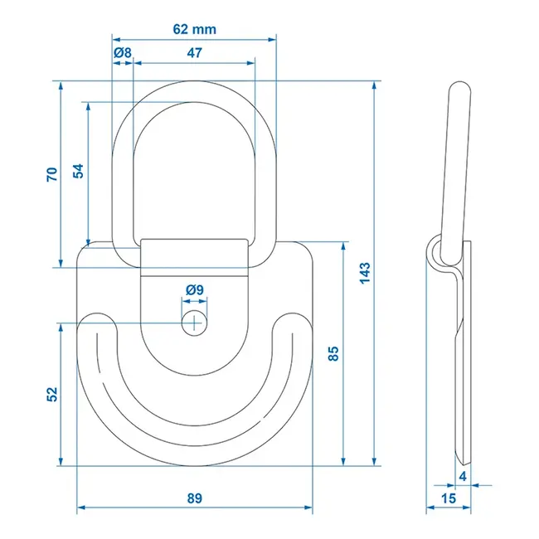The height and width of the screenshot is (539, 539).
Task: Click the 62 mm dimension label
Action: pyautogui.click(x=194, y=29)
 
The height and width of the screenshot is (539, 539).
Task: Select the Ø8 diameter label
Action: pyautogui.click(x=122, y=53)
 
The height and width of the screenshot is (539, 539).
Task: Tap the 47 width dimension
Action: pyautogui.click(x=194, y=53)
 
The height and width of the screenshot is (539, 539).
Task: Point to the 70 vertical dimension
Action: pyautogui.click(x=51, y=174)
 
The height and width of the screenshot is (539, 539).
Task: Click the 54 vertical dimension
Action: pyautogui.click(x=78, y=171)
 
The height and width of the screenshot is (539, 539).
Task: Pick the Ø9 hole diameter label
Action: pyautogui.click(x=195, y=290)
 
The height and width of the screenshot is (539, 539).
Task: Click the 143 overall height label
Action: pyautogui.click(x=365, y=273)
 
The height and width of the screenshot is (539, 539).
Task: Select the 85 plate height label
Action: pyautogui.click(x=333, y=354)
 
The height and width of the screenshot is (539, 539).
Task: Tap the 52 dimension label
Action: pyautogui.click(x=51, y=394)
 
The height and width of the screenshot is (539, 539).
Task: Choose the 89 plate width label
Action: pyautogui.click(x=194, y=498)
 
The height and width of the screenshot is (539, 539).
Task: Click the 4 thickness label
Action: pyautogui.click(x=463, y=476)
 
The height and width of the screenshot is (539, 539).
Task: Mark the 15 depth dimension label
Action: pyautogui.click(x=448, y=498)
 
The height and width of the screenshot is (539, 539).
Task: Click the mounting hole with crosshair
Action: pyautogui.click(x=195, y=323)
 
